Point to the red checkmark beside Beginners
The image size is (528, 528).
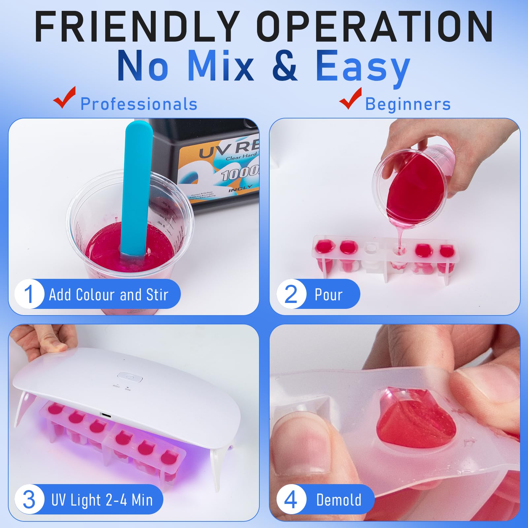350,98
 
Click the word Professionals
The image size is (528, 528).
139,104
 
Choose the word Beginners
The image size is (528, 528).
408,104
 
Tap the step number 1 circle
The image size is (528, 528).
29,294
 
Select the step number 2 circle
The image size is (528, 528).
291,294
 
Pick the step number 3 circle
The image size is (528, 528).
29,500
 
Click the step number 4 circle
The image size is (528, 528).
291,500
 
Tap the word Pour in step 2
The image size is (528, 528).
328,294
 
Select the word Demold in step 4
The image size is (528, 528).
339,500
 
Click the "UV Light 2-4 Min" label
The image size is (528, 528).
102,500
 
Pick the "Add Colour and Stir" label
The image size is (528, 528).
109,294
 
